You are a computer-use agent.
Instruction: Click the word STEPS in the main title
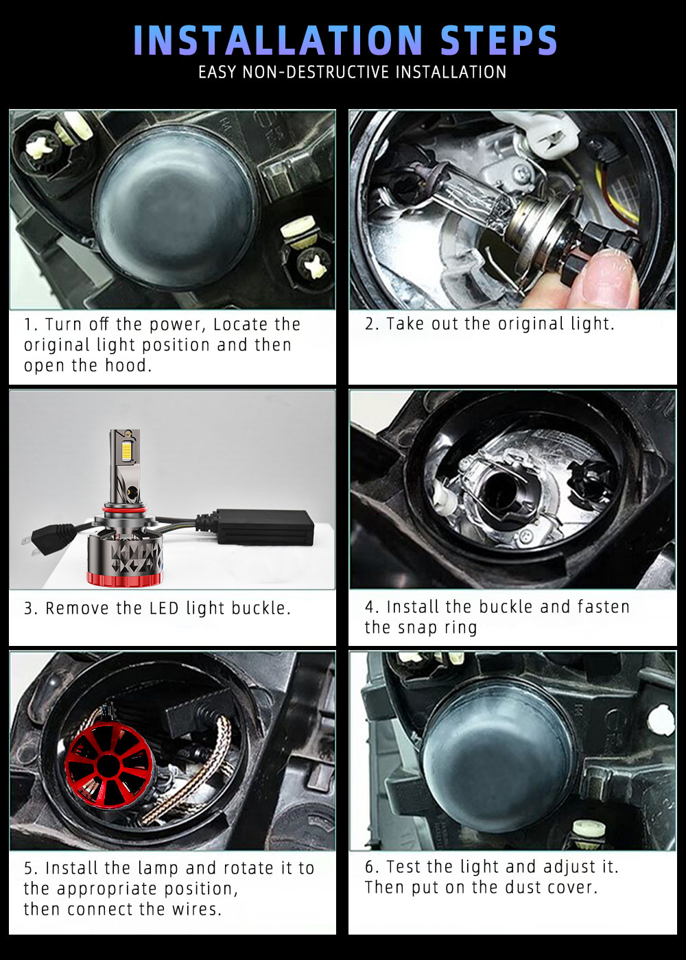499,40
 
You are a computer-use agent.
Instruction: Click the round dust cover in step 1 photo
176,208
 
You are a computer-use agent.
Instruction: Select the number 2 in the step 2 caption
370,324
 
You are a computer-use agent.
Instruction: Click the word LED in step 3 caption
164,609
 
